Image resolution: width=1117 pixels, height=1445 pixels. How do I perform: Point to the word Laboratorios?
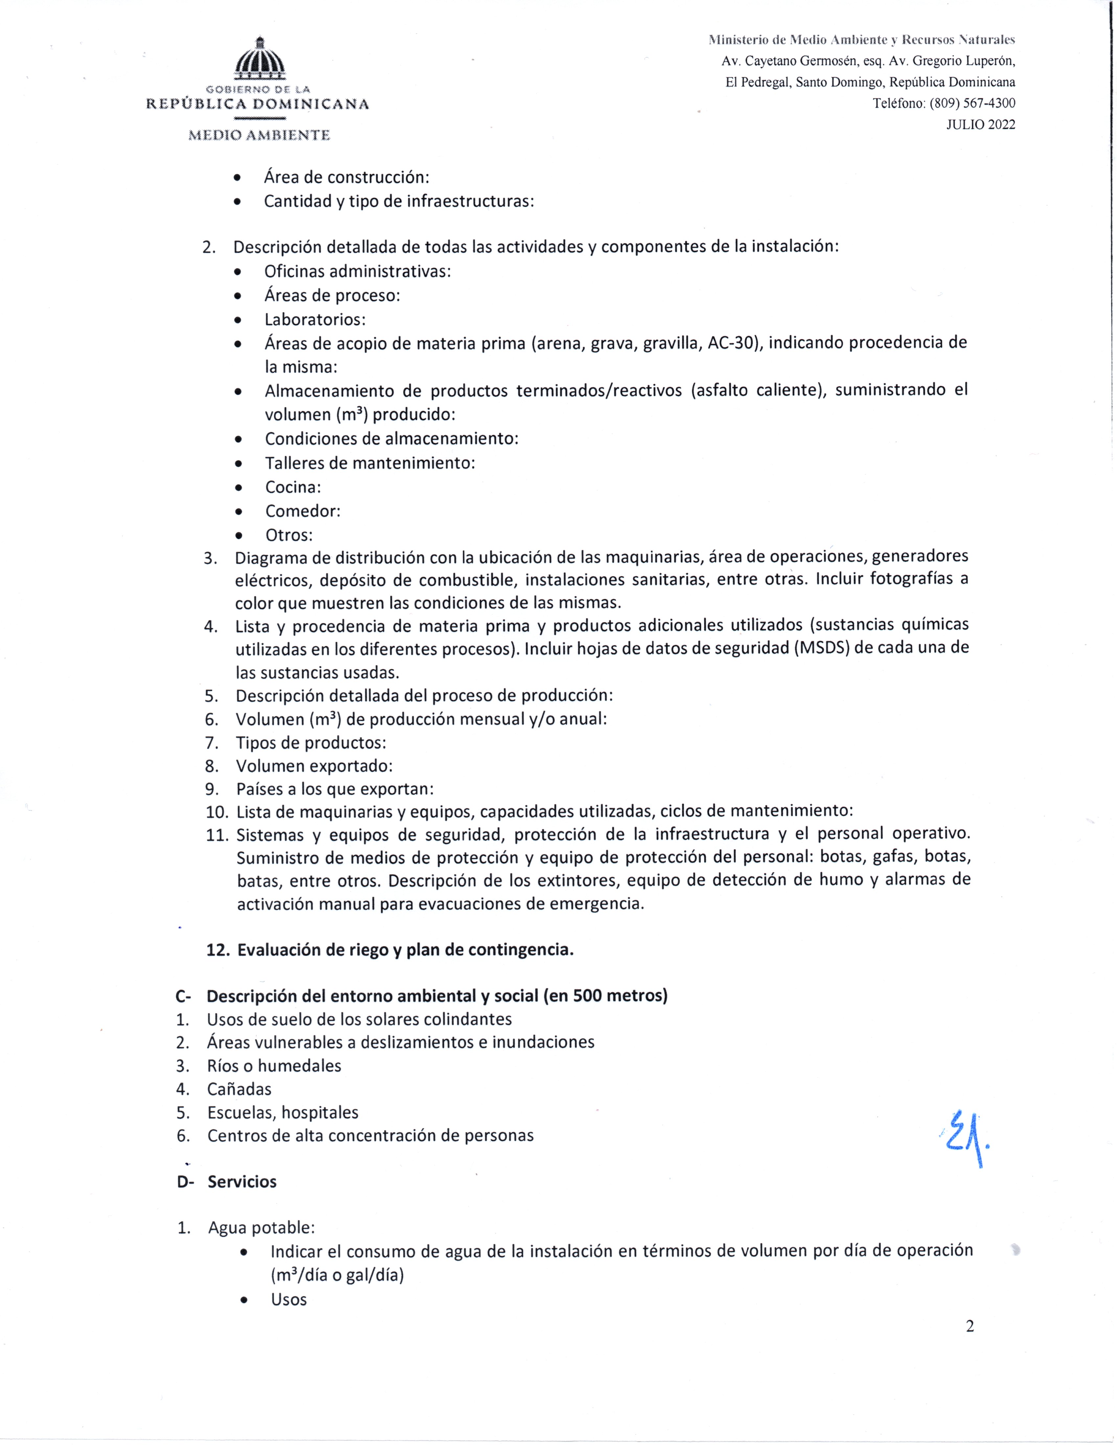pyautogui.click(x=315, y=320)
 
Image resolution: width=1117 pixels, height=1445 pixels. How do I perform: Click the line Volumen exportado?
pyautogui.click(x=314, y=766)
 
